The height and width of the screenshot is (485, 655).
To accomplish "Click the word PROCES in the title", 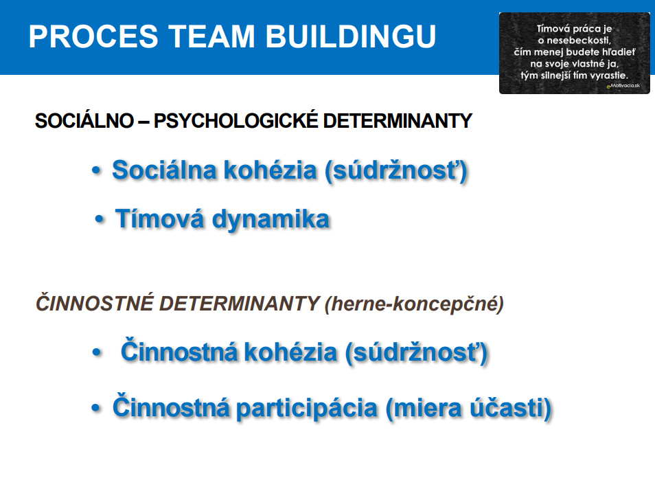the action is (x=93, y=36).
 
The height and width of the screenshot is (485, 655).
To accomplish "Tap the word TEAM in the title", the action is (x=211, y=36).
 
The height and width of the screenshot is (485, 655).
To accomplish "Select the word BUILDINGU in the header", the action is (x=351, y=36).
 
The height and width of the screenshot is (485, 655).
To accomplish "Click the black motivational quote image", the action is (x=575, y=53).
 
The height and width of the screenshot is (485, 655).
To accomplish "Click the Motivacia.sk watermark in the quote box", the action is (x=623, y=86).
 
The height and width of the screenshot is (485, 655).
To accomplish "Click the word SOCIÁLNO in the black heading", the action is (x=84, y=121).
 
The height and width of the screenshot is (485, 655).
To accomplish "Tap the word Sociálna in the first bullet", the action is (x=165, y=170).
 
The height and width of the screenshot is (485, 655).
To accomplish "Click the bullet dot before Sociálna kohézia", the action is (x=97, y=170).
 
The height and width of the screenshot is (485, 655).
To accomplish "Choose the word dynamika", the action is (x=271, y=220).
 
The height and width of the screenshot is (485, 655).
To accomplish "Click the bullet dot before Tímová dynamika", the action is (x=99, y=218).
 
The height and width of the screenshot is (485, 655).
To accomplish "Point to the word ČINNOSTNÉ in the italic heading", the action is (x=95, y=303).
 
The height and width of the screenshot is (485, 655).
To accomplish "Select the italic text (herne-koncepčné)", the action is (x=414, y=304).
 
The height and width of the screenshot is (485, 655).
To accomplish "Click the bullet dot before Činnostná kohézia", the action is (x=97, y=352).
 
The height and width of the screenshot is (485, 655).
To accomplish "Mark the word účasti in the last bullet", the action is (x=510, y=407).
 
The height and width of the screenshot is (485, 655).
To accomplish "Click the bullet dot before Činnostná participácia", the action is (x=96, y=407).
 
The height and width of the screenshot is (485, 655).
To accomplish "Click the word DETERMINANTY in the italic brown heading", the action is (x=240, y=304).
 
